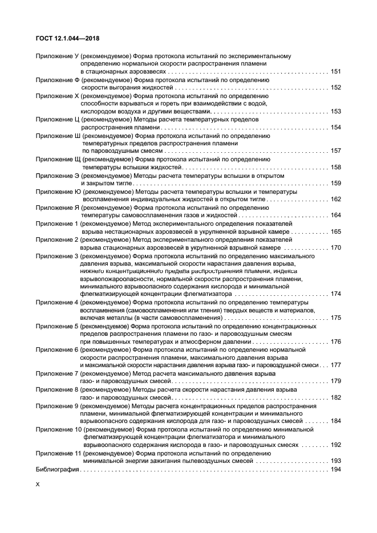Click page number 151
tap(335, 72)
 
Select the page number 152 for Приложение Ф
tap(335, 88)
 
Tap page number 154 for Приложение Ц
tap(335, 127)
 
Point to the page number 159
tap(335, 183)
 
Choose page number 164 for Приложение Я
tap(335, 215)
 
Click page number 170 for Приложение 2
tap(335, 247)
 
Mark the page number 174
tap(335, 294)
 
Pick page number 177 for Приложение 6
tap(335, 365)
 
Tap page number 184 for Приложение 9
tap(335, 421)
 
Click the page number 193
tap(335, 460)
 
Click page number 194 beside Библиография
tap(335, 469)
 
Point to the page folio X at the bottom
tap(38, 484)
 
